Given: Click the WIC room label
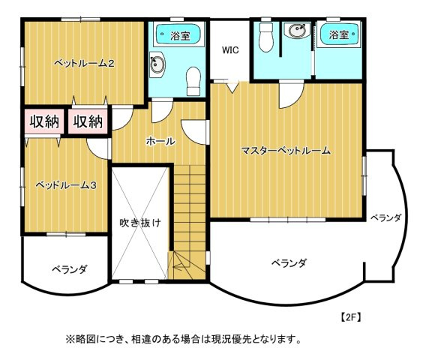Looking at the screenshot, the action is pos(230,50).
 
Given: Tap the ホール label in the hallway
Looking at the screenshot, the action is pos(160,141).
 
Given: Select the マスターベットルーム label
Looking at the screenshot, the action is pos(286,150).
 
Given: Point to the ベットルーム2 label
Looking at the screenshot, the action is pos(84,64).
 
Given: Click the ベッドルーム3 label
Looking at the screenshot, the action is pos(66,185).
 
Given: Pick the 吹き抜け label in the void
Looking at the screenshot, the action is pos(140,223).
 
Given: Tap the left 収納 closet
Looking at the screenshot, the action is pos(44,121).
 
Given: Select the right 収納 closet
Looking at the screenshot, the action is pos(88,121).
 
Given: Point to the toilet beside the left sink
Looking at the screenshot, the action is pos(193,81).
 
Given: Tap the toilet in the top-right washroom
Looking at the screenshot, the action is pos(266,37).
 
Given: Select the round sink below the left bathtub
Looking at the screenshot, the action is pos(157,64).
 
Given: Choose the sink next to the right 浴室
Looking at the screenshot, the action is pos(297,31).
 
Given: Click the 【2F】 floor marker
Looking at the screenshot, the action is pos(351,317).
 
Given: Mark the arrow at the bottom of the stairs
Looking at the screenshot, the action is pos(180,267).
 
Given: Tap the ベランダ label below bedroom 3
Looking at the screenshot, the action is pos(70,270).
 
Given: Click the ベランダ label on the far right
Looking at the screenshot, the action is pos(385,218).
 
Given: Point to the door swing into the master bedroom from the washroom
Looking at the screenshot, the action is pos(291,95).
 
